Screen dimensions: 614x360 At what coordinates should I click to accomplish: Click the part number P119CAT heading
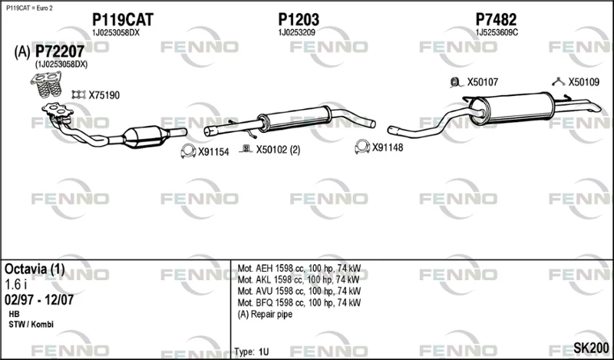tap(123, 20)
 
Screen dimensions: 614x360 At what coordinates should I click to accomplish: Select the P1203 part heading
tap(299, 20)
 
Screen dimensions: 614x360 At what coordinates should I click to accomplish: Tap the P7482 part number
tap(496, 20)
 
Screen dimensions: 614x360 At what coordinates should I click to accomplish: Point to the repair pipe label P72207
tap(60, 51)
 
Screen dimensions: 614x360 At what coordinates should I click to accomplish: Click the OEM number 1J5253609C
tap(497, 33)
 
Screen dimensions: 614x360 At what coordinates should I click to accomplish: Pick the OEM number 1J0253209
tap(297, 33)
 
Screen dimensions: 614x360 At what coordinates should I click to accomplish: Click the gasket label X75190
tap(104, 95)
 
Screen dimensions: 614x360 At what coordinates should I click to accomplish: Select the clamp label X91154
tap(213, 152)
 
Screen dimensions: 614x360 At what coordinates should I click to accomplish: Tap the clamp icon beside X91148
tap(362, 147)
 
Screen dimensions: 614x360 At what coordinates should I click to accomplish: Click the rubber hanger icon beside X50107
tap(455, 82)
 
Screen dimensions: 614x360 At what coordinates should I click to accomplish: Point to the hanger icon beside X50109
tap(558, 82)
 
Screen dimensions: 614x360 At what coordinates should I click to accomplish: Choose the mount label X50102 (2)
tap(278, 150)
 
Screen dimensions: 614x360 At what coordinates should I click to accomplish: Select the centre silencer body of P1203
tap(295, 118)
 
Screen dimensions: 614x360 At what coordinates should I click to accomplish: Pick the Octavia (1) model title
tap(35, 269)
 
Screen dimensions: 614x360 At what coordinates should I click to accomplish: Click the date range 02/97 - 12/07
tap(39, 300)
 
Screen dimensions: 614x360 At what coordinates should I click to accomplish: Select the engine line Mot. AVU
tap(299, 291)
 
